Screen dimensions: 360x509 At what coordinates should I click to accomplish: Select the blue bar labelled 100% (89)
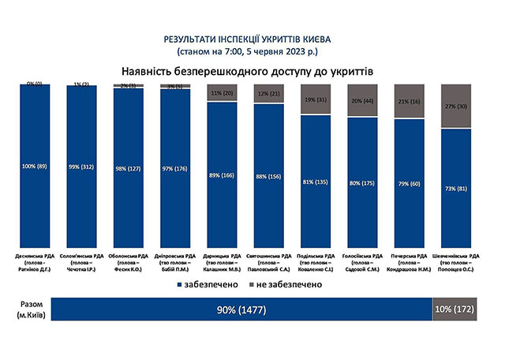[x=35, y=167]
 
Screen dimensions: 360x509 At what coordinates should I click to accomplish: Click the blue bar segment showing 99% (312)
[x=81, y=167]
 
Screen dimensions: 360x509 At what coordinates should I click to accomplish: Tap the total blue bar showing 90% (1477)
[x=241, y=310]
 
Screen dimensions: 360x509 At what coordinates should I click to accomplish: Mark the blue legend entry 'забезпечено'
[x=207, y=282]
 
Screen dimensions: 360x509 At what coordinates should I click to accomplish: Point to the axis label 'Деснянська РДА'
[x=35, y=256]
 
